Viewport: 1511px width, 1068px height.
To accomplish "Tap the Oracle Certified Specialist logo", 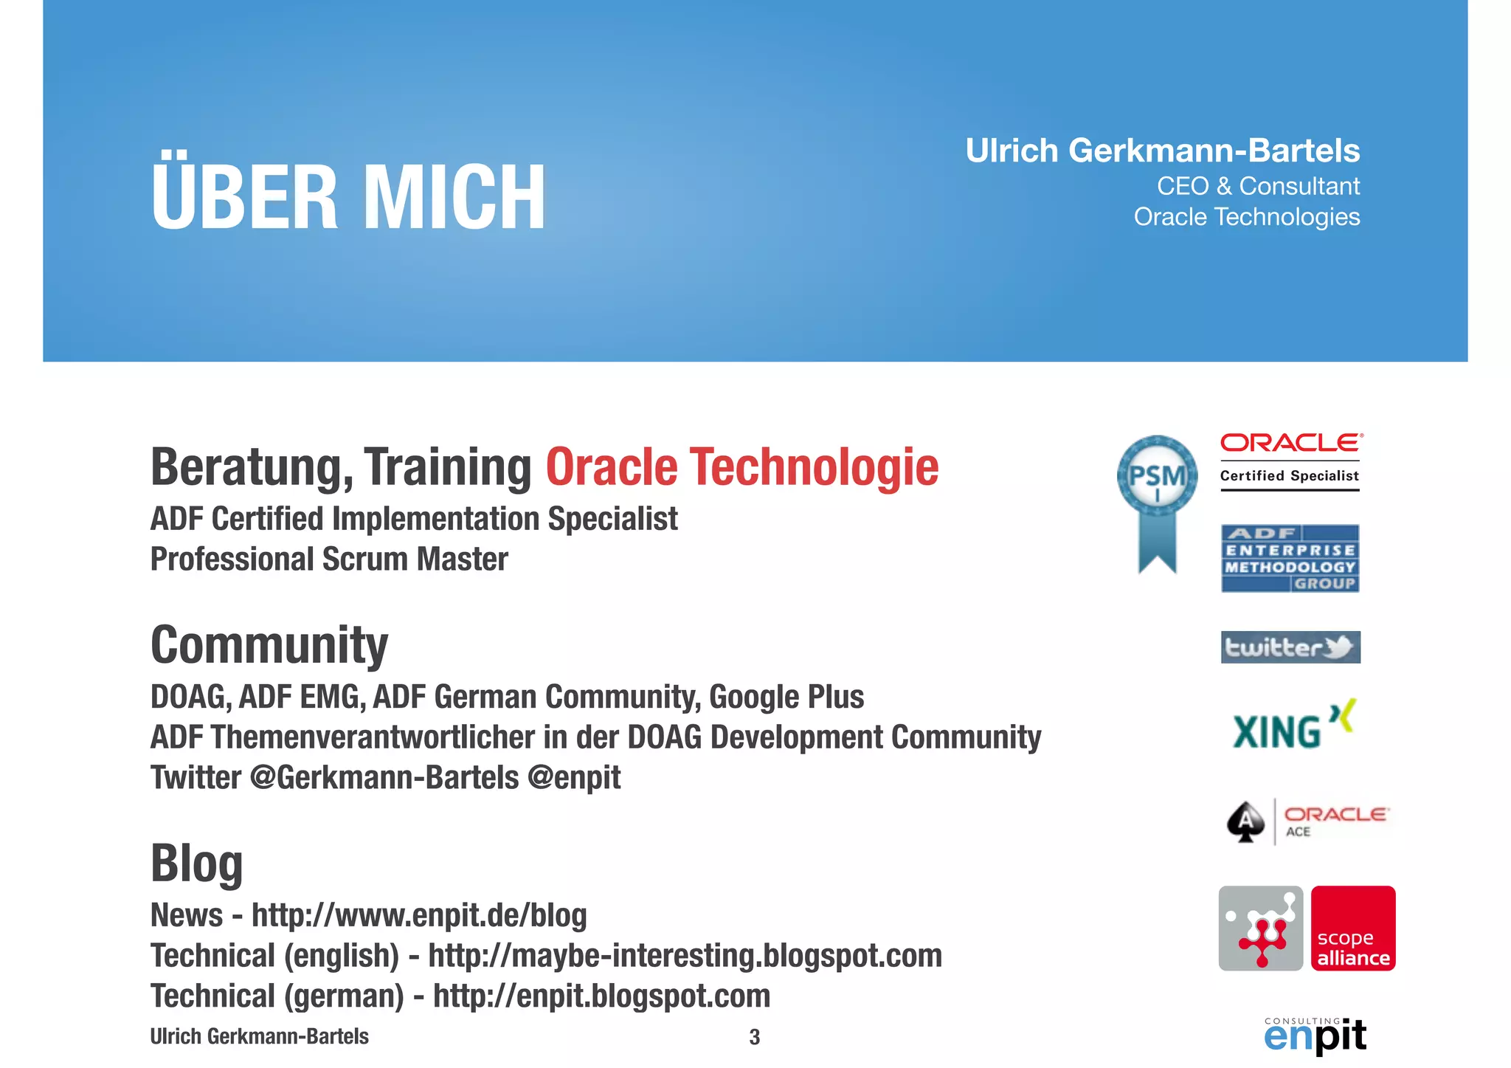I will [1290, 461].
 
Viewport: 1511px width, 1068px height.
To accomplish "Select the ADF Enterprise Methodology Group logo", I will [1290, 559].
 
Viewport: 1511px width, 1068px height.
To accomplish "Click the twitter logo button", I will [1290, 647].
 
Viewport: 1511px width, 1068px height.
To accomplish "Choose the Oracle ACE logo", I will [1307, 821].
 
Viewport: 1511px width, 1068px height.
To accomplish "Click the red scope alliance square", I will [1353, 929].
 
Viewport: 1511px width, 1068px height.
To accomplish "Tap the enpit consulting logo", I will [1315, 1035].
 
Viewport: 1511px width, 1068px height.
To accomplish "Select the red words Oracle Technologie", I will [741, 468].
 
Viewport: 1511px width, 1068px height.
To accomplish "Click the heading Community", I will [269, 645].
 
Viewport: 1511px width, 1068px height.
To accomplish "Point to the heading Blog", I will [197, 863].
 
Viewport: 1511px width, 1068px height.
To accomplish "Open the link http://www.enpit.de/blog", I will [419, 915].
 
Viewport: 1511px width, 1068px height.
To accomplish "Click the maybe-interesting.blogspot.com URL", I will [685, 956].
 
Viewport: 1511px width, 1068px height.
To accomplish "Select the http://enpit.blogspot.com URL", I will [601, 996].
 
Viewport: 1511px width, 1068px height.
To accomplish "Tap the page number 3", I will [754, 1037].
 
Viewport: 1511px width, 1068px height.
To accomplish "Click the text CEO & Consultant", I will [1258, 186].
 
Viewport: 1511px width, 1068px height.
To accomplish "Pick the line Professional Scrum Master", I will [329, 559].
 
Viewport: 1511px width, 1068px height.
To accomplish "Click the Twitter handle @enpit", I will [574, 778].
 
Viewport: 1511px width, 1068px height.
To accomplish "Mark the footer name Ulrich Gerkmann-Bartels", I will [259, 1036].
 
